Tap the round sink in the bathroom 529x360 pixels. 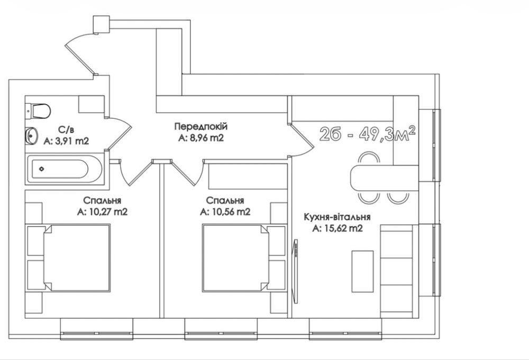pos(31,136)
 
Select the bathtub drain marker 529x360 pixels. pos(42,169)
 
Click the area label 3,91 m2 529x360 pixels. pos(66,141)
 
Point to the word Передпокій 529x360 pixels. pos(201,126)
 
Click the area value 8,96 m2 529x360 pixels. pos(201,138)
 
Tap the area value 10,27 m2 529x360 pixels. pos(102,212)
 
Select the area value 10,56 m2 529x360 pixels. pos(225,212)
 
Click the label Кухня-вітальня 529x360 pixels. pos(338,217)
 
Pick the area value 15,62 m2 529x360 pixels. pos(338,228)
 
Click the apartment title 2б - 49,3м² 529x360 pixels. pos(368,134)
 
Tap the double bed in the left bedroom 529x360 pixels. pos(77,258)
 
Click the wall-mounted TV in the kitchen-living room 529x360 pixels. pos(296,271)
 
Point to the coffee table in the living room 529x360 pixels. pos(363,271)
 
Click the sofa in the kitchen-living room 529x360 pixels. pos(397,271)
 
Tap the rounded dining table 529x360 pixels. pos(385,178)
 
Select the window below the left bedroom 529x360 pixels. pos(97,329)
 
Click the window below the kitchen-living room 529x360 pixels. pos(346,329)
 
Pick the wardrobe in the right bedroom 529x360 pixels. pos(248,176)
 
